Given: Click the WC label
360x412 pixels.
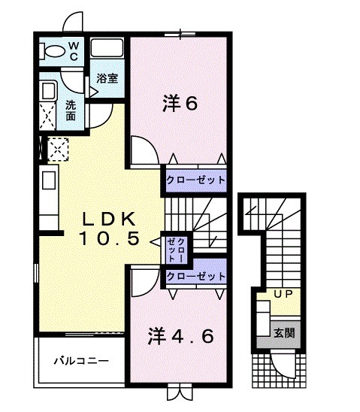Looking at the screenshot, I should coord(74,50).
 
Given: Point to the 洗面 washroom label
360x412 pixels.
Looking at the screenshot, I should coord(70,111).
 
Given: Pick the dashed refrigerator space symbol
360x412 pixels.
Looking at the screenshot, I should coord(58,150).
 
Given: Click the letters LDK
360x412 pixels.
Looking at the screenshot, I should coord(108,219).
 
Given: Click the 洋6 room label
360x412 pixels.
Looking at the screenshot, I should coord(180,104).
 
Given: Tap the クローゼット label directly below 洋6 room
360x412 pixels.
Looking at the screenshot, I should coord(195,180).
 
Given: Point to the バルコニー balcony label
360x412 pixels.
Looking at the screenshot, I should coord(80,361).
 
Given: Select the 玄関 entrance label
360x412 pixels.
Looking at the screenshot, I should coord(282,332).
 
